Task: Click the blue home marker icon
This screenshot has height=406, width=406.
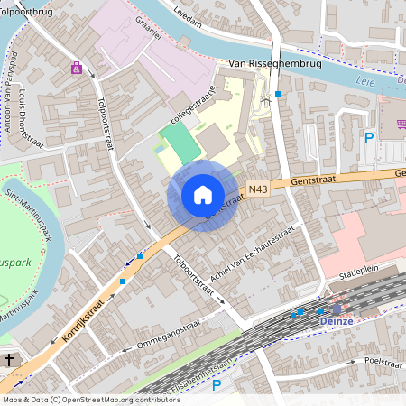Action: pos(203,195)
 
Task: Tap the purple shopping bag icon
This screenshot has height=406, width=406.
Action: pos(77,67)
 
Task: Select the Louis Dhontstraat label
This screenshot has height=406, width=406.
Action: pos(28,113)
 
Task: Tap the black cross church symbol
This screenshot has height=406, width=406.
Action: pos(9,360)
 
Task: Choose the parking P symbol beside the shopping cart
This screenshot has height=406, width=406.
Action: pos(368,137)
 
